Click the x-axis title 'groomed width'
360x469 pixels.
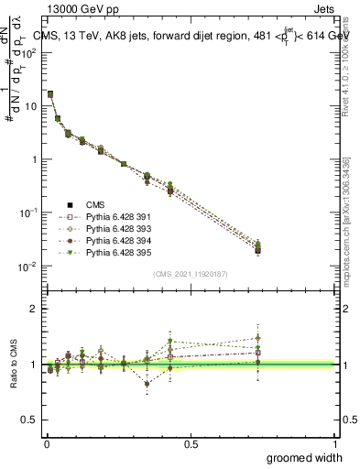(304, 457)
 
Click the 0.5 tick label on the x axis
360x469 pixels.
(191, 442)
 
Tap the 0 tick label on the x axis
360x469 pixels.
(46, 442)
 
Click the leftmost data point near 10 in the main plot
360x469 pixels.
(49, 94)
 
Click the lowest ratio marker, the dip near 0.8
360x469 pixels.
(147, 384)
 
